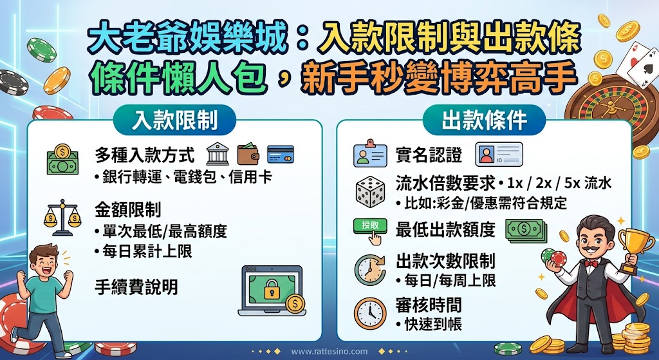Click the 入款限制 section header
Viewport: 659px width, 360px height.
tap(174, 120)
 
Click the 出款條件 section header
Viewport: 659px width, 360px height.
tap(484, 120)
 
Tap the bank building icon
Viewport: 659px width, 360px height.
tap(217, 154)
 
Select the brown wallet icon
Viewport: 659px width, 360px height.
tap(248, 154)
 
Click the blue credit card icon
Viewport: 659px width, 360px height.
tap(280, 154)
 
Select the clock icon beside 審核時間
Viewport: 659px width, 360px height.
tap(370, 312)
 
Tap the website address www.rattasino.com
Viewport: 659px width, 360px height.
tap(329, 352)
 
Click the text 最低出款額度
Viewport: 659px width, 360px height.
tap(445, 229)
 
